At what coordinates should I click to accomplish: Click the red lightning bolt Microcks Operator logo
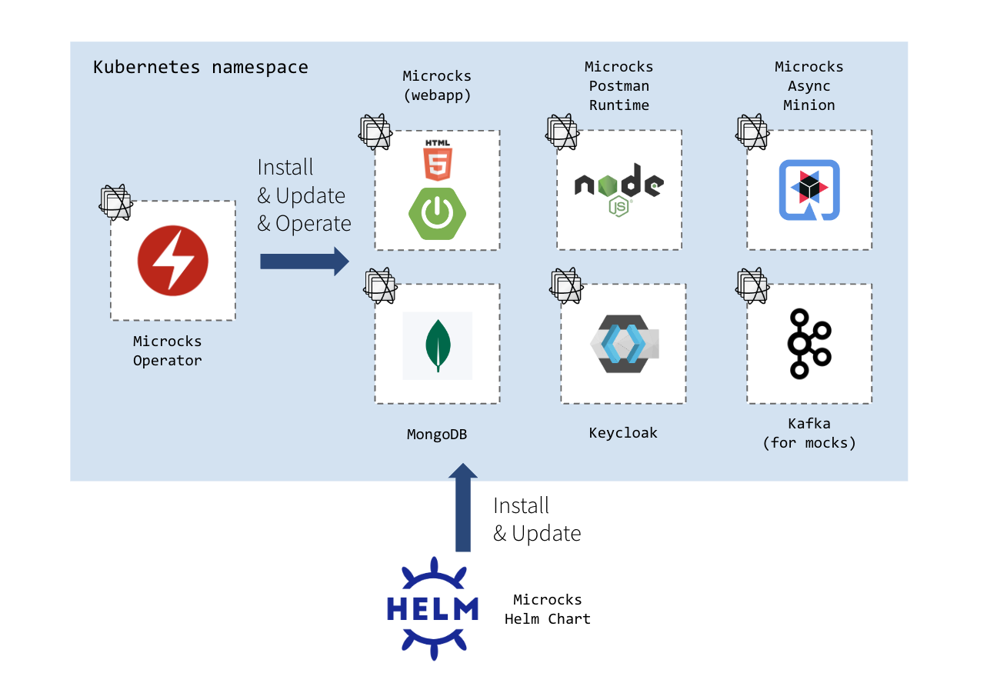point(173,261)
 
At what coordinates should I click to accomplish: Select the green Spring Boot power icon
point(437,213)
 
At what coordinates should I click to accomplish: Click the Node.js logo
point(619,189)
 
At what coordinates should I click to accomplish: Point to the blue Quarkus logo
point(809,190)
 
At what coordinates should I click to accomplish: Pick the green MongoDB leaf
point(438,345)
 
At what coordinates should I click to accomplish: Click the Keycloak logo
point(623,344)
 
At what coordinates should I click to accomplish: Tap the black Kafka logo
point(809,343)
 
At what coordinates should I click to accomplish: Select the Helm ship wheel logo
point(432,608)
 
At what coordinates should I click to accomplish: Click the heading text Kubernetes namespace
point(201,67)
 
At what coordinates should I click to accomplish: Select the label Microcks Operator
point(168,351)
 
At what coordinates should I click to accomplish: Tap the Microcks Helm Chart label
point(548,609)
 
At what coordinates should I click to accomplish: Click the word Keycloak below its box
point(623,432)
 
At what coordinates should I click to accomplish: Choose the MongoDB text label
point(437,435)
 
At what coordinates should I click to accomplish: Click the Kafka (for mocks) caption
point(809,433)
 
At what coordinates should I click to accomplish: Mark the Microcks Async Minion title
point(809,85)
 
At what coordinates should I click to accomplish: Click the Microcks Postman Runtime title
point(619,85)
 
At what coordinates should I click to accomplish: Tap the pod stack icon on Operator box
point(116,202)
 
